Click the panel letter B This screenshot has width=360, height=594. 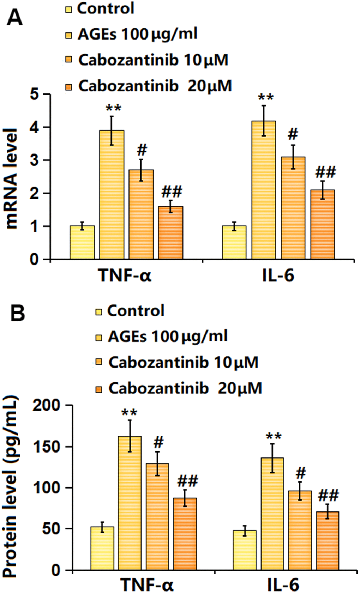[18, 314]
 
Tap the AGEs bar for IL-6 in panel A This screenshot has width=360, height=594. [264, 190]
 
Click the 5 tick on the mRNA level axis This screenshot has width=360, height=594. [34, 95]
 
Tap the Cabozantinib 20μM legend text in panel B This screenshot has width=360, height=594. [185, 388]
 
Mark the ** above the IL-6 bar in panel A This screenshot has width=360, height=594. [265, 97]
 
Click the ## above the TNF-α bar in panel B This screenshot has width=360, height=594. [187, 481]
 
